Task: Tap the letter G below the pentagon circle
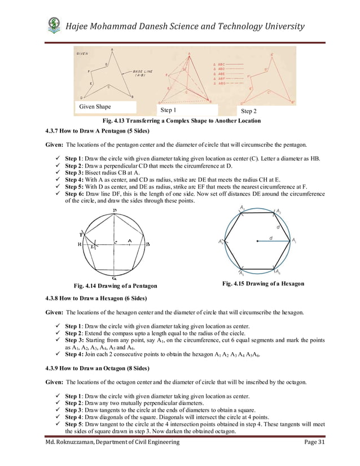[x=114, y=278]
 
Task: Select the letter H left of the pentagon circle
[x=80, y=245]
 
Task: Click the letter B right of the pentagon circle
[x=147, y=244]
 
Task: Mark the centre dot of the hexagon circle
[x=258, y=241]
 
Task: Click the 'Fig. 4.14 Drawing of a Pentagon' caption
[x=111, y=286]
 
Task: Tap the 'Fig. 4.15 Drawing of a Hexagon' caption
[x=263, y=283]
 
